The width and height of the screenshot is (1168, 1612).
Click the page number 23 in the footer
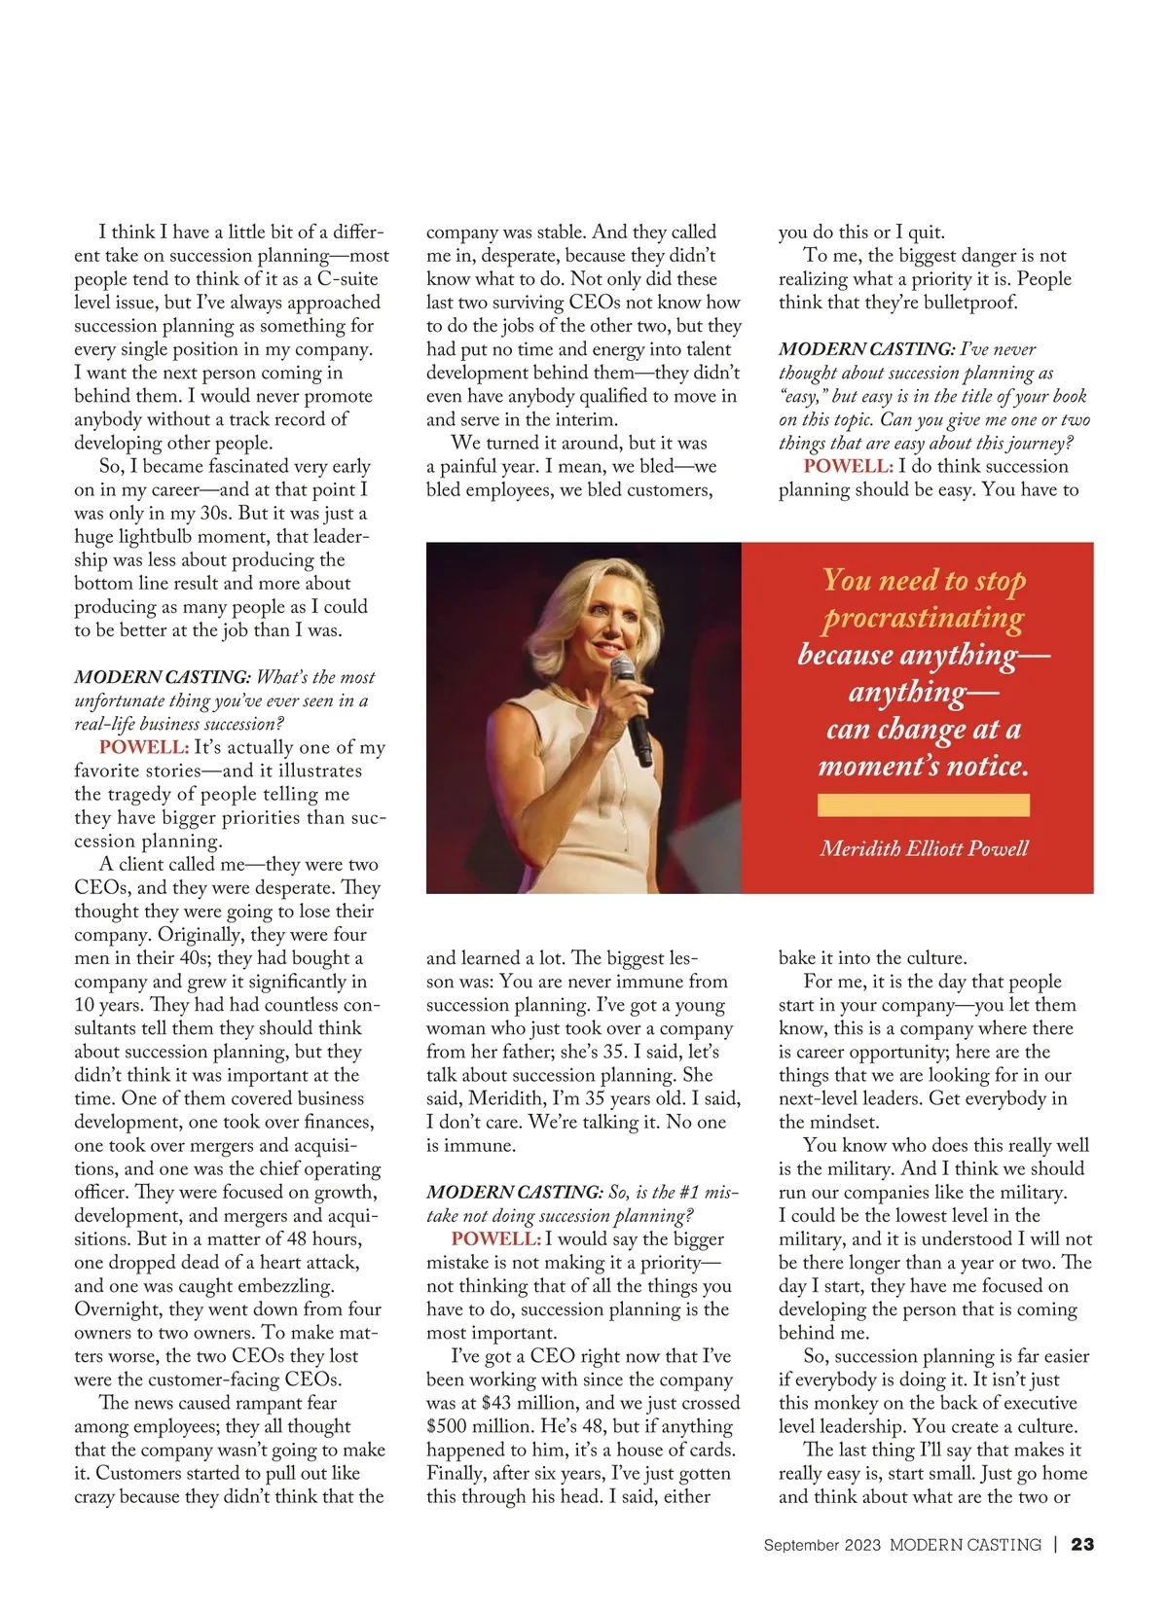click(1082, 1545)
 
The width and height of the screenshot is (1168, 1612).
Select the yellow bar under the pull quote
click(923, 805)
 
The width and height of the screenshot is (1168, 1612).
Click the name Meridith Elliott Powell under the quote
click(924, 848)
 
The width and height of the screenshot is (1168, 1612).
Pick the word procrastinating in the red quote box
click(924, 618)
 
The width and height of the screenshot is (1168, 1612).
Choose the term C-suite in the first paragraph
click(347, 279)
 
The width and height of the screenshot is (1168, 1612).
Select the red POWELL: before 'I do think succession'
click(848, 466)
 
